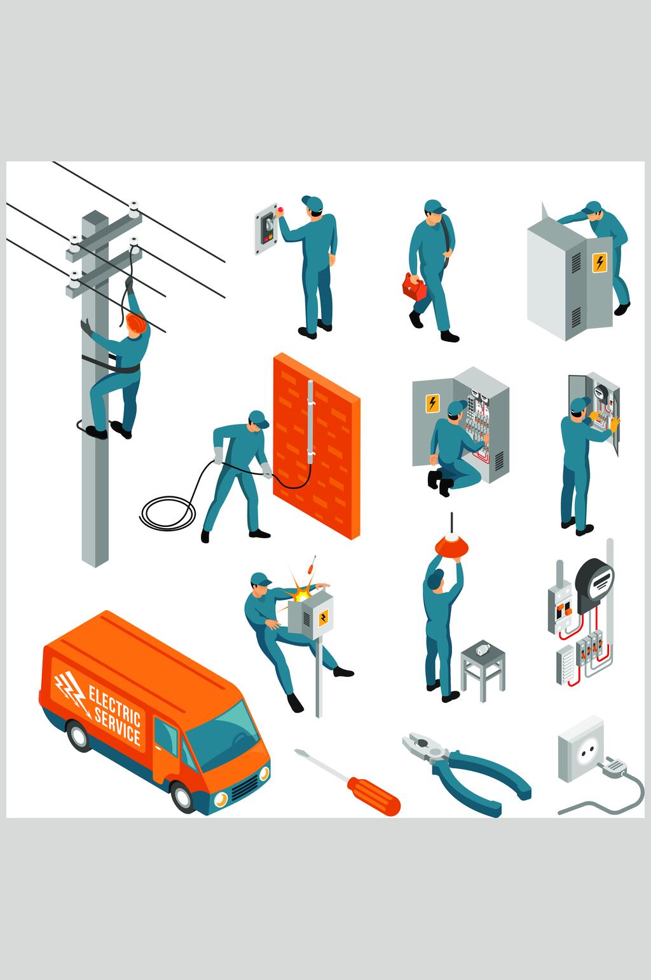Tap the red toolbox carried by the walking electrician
(414, 287)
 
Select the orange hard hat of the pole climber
(137, 322)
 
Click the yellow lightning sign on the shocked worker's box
(324, 618)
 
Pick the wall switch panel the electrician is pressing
(267, 228)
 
